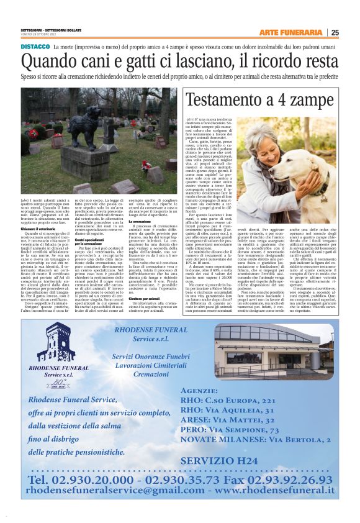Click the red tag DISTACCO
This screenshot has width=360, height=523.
click(35, 47)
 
